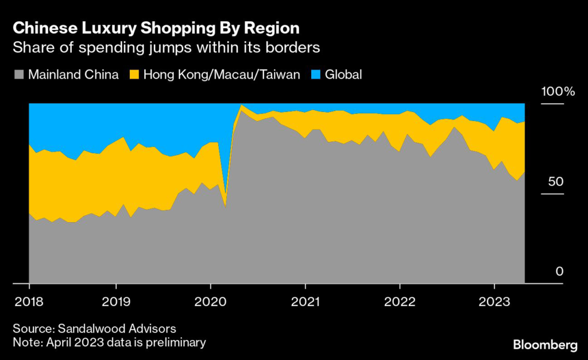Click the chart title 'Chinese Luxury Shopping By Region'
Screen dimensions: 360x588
pyautogui.click(x=156, y=28)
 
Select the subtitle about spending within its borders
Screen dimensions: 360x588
pyautogui.click(x=166, y=47)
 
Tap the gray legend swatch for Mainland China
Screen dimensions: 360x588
pyautogui.click(x=18, y=75)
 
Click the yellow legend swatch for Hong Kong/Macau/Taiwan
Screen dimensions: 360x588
pyautogui.click(x=134, y=75)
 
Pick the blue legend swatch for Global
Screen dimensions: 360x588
pyautogui.click(x=315, y=75)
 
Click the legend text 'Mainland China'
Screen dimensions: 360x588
pyautogui.click(x=73, y=75)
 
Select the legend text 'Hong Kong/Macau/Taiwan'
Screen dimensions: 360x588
pyautogui.click(x=222, y=75)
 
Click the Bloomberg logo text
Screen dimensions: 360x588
pyautogui.click(x=545, y=344)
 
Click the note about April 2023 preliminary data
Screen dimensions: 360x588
pyautogui.click(x=109, y=342)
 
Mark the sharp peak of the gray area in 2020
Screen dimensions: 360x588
pyautogui.click(x=242, y=110)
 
